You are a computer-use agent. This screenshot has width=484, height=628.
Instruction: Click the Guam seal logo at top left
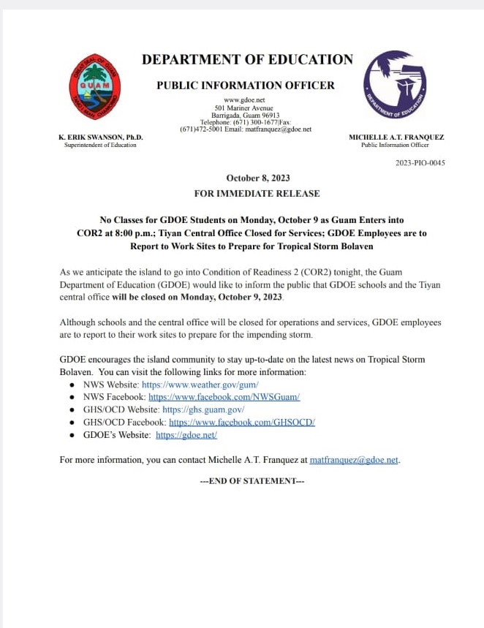point(94,87)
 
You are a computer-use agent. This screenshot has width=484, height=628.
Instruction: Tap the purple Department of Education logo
point(395,85)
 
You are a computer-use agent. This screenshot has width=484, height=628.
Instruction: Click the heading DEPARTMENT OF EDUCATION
point(247,59)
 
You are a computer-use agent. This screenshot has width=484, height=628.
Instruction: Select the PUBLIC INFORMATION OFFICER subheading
point(246,86)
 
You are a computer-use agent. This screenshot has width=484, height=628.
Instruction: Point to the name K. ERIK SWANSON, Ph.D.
point(101,137)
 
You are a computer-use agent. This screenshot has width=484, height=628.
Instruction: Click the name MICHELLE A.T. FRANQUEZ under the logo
point(396,137)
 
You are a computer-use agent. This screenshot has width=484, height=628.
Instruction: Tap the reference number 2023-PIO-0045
point(420,163)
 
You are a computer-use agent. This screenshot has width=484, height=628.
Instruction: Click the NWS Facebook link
point(224,397)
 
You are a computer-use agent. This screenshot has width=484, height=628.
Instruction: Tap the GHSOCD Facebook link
point(232,422)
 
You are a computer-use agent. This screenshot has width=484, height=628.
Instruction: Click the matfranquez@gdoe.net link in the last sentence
point(354,461)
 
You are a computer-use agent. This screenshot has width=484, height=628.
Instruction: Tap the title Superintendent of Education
point(101,145)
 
